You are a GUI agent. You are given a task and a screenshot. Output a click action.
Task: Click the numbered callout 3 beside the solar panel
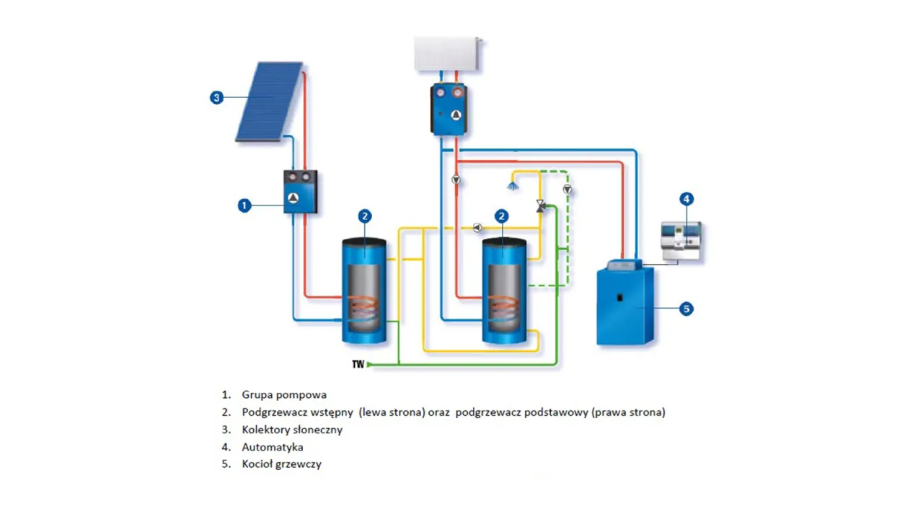click(216, 97)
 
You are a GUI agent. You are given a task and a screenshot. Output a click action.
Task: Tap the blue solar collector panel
click(269, 101)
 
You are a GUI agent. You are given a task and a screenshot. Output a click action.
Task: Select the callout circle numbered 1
click(244, 205)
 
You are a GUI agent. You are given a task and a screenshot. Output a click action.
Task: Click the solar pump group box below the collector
click(300, 192)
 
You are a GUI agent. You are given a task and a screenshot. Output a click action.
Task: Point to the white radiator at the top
click(447, 53)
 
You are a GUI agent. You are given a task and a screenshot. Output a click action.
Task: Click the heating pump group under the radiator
click(449, 110)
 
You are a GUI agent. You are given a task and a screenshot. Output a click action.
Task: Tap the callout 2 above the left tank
click(365, 216)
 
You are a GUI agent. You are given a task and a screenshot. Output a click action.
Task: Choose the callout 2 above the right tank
click(502, 216)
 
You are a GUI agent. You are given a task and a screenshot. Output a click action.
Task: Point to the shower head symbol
click(513, 187)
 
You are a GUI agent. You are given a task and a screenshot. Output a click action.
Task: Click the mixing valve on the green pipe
click(541, 206)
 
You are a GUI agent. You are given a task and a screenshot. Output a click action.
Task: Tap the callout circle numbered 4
click(686, 198)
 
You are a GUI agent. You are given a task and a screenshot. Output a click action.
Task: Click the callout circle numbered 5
click(686, 309)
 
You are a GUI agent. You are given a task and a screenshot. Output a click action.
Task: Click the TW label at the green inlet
click(358, 365)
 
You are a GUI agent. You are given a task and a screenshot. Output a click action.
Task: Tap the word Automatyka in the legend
click(273, 447)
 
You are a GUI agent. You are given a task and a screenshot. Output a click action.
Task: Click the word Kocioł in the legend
click(258, 464)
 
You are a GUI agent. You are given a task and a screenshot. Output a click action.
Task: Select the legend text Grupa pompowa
click(284, 394)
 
